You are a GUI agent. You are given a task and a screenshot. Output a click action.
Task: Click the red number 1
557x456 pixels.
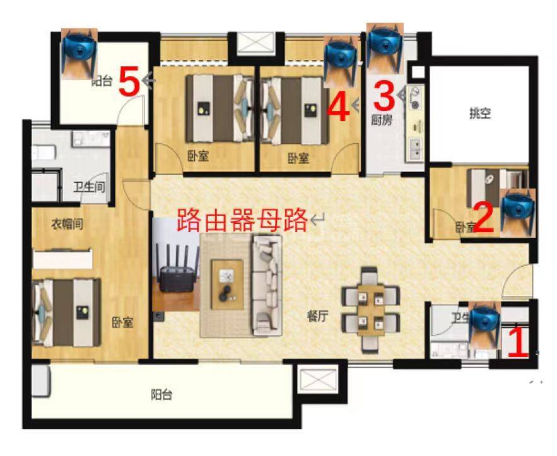click(x=518, y=342)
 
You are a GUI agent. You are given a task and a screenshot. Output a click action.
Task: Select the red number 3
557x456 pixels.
click(x=384, y=95)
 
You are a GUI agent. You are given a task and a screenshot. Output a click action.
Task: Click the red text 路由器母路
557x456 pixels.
click(x=242, y=220)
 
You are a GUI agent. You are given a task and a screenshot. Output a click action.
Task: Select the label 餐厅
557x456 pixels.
click(x=318, y=317)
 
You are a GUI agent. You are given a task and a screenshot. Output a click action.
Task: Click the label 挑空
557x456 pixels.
click(x=480, y=114)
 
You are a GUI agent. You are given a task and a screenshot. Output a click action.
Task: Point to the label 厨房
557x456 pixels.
click(x=382, y=120)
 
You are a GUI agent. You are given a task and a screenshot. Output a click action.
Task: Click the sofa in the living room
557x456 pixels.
click(x=266, y=284)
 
